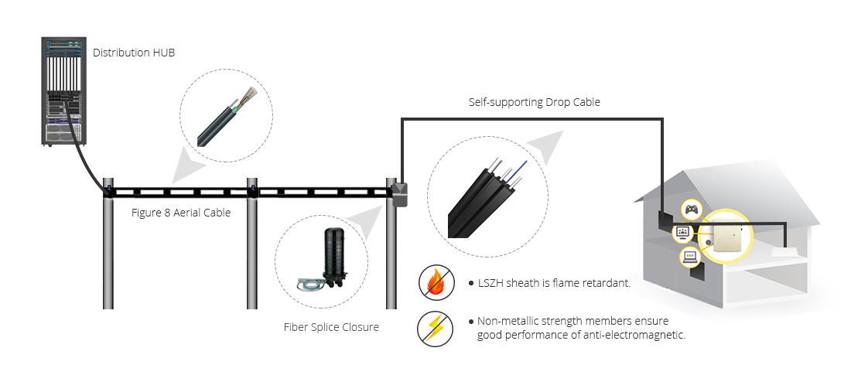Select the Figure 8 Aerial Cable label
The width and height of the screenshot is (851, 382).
point(181,213)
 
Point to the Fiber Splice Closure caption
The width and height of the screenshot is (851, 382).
point(331,327)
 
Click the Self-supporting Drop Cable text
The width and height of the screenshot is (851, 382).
point(534,102)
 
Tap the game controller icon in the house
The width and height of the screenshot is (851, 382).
point(691,209)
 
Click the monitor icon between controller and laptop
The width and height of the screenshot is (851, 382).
point(683,231)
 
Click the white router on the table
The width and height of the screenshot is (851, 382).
point(787,252)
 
